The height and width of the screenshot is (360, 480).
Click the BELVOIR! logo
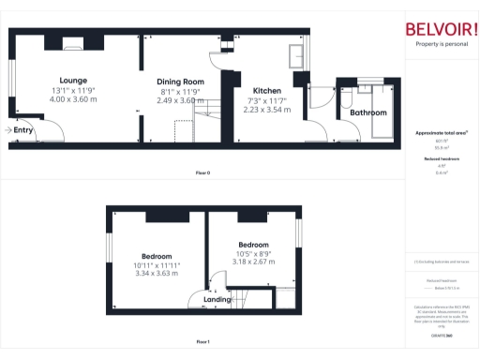click(441, 28)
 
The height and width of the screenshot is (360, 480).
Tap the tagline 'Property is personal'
click(441, 44)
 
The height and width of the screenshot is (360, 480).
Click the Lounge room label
click(73, 80)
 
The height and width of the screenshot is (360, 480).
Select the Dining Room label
click(180, 82)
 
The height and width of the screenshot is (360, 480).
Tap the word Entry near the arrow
click(23, 130)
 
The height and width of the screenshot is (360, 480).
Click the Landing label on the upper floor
click(217, 300)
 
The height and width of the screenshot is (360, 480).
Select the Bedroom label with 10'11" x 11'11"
click(157, 256)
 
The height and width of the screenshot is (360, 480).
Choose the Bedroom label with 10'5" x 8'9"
click(253, 245)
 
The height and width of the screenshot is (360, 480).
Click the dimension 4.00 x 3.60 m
click(73, 98)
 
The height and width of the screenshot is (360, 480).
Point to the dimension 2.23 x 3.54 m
click(267, 110)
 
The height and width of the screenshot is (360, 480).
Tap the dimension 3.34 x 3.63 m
click(157, 274)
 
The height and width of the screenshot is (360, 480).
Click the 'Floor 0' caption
click(202, 173)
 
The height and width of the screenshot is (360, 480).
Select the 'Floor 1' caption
click(202, 342)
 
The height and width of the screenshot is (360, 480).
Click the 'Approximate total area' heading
click(441, 133)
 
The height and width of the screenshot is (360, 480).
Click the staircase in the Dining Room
click(206, 117)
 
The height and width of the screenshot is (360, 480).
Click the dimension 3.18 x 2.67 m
click(253, 262)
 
